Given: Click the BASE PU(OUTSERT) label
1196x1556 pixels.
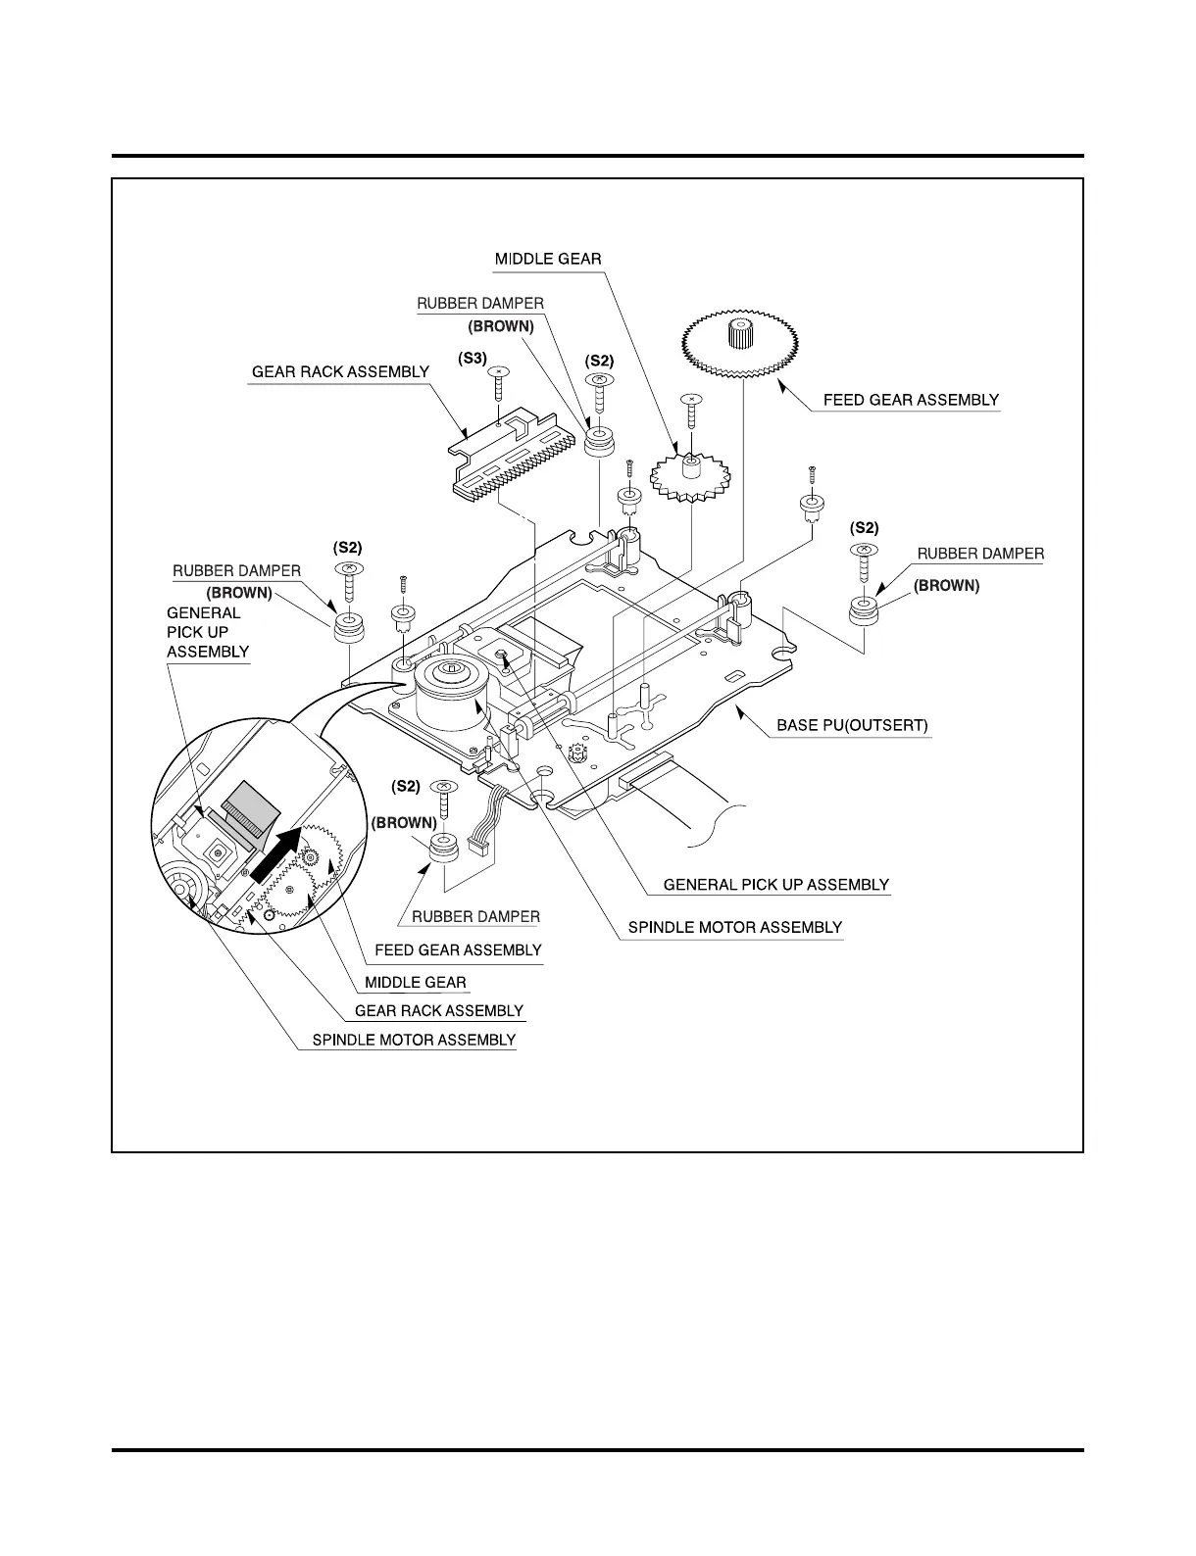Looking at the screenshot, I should tap(852, 726).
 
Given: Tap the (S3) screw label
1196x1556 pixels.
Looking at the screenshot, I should tap(473, 359).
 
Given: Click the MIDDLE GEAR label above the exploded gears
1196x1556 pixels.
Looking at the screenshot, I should tap(548, 260).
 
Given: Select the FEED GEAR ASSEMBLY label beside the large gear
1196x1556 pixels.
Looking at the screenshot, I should tap(911, 400).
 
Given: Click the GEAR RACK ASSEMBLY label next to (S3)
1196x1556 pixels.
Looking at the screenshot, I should tap(340, 372).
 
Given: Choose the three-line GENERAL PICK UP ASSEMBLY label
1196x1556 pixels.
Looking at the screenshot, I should tap(207, 632).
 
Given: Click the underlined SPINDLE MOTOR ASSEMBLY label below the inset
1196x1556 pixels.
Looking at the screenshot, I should tap(414, 1040).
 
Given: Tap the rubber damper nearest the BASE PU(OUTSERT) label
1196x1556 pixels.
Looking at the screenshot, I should tap(863, 610).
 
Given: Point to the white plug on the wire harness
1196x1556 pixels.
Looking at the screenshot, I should tap(479, 845).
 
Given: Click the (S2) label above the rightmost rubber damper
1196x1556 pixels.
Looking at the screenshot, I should tap(864, 527).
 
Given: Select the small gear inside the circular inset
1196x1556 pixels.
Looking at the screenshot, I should tap(311, 857).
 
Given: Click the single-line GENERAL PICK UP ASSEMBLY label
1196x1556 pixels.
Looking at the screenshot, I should tap(776, 885).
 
